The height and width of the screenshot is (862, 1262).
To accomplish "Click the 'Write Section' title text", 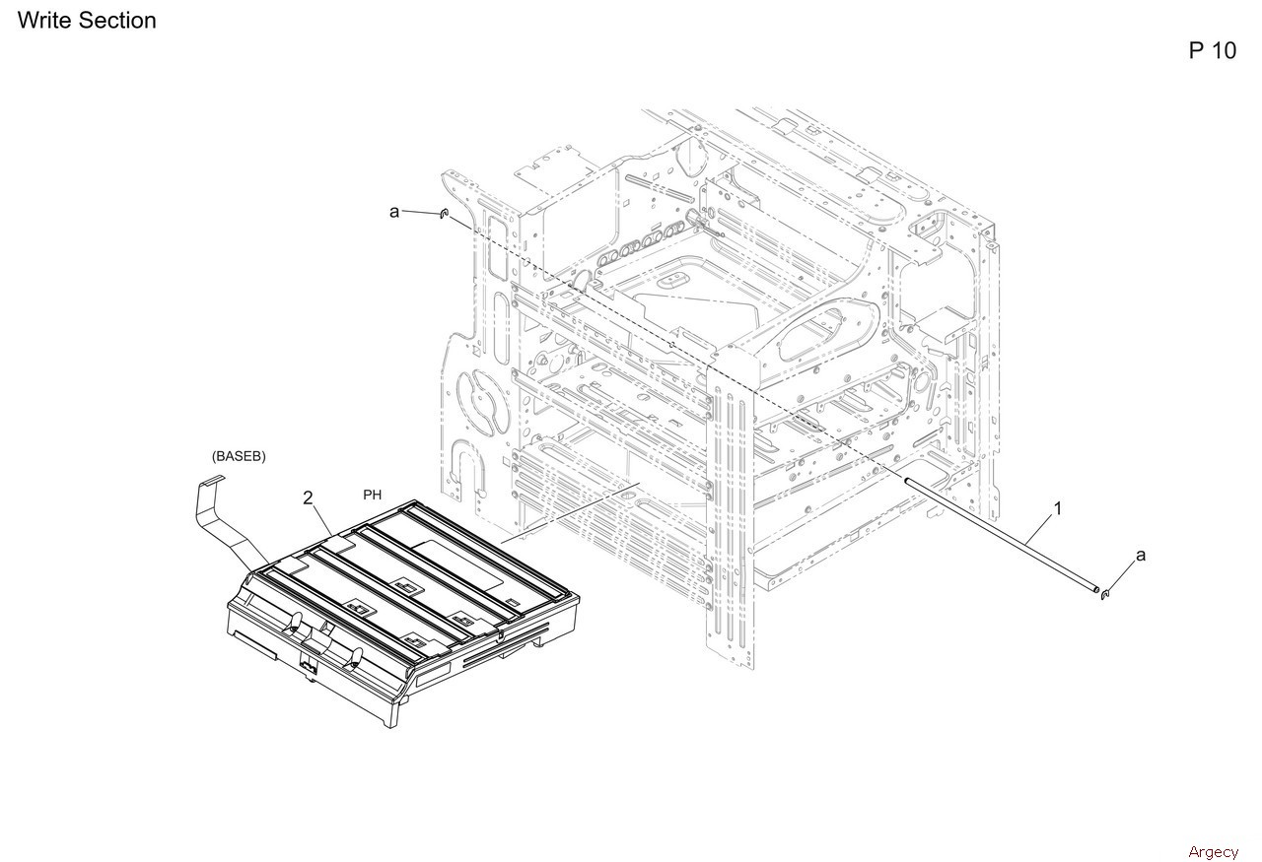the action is click(x=87, y=21).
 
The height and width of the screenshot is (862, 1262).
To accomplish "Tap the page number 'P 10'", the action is click(x=1212, y=50).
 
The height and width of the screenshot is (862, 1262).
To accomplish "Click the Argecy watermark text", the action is click(x=1213, y=852).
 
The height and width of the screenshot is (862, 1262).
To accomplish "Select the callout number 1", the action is click(x=1058, y=508).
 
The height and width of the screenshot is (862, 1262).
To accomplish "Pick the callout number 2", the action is click(x=308, y=497).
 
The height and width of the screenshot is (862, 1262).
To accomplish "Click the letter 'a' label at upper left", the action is click(x=394, y=212).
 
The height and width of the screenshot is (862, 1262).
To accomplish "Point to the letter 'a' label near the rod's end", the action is click(x=1141, y=556).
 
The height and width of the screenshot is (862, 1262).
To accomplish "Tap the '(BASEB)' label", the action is click(x=239, y=456).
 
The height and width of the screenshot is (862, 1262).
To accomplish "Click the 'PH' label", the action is click(x=373, y=495).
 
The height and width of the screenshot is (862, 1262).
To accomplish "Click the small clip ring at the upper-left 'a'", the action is click(x=444, y=214).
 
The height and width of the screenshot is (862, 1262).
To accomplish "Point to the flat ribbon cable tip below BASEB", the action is click(x=212, y=479).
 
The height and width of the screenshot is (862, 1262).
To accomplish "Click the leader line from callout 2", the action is click(x=321, y=520).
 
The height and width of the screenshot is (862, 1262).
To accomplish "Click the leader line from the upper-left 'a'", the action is click(x=420, y=212).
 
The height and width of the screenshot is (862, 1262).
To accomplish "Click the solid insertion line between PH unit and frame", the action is click(x=570, y=512).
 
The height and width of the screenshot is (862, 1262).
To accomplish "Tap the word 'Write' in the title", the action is click(x=44, y=21).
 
